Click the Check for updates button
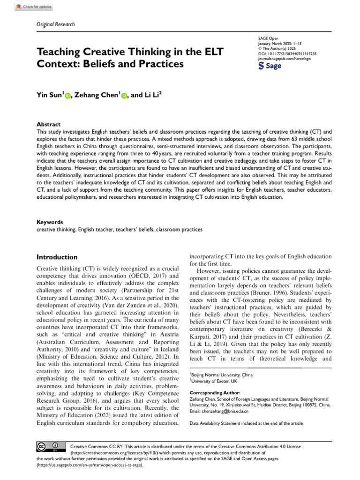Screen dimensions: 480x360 pos(35,7)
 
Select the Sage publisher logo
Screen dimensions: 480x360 pos(270,66)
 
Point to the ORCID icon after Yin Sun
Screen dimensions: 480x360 pos(68,96)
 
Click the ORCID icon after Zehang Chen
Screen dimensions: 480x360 pos(124,96)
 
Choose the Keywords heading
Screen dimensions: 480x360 pos(50,222)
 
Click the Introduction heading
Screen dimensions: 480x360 pos(57,257)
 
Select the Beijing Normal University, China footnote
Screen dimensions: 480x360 pos(221,375)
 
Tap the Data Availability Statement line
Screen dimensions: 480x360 pos(246,423)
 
